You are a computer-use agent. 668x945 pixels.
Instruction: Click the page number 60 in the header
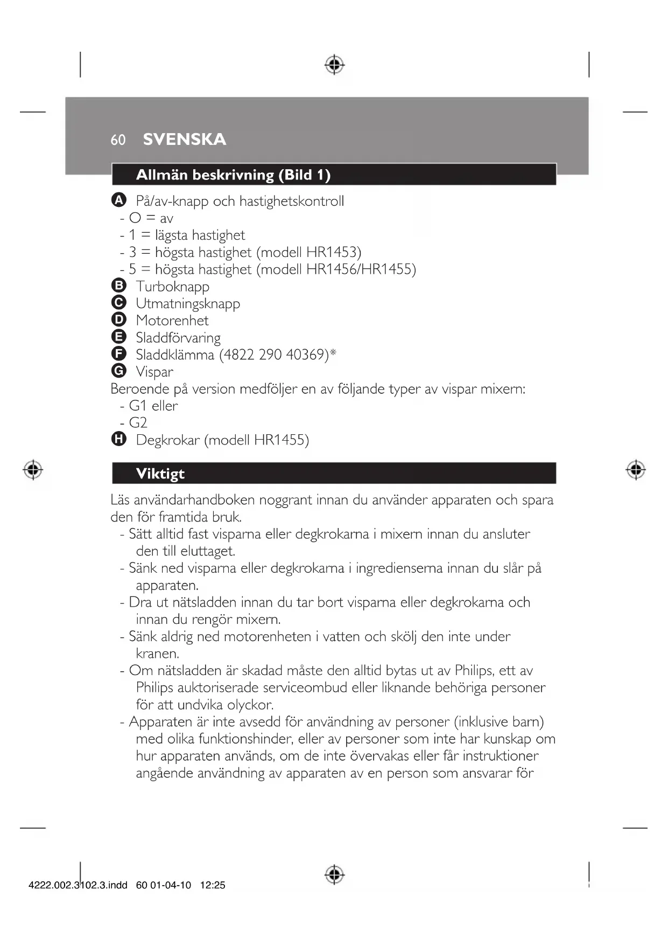[118, 140]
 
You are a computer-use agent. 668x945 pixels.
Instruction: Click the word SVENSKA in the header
[184, 140]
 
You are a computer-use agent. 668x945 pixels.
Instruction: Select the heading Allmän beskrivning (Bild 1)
[233, 175]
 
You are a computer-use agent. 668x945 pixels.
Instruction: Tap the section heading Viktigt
[160, 474]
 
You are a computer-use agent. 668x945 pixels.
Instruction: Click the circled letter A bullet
[118, 200]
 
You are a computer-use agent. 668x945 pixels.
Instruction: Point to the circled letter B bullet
[118, 286]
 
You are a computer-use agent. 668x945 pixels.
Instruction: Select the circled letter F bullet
[118, 354]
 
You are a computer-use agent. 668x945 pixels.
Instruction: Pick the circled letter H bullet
[118, 439]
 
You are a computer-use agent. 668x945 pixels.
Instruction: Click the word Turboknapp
[172, 287]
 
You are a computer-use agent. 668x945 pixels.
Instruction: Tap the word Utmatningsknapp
[188, 304]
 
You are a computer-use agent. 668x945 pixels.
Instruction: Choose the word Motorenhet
[172, 321]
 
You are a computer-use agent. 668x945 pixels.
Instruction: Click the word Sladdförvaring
[178, 338]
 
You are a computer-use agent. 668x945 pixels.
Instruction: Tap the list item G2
[138, 423]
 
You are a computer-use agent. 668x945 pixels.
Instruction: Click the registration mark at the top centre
[334, 65]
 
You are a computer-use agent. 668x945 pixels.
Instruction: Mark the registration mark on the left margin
[33, 470]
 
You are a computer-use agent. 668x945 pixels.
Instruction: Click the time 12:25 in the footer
[213, 885]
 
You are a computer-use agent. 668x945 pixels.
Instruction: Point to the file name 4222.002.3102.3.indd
[78, 885]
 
